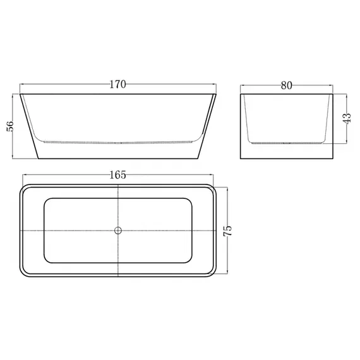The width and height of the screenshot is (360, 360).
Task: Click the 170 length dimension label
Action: pos(117,85)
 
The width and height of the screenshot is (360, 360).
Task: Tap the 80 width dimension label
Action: pos(287,85)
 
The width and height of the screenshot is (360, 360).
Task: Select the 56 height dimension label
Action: pos(10,126)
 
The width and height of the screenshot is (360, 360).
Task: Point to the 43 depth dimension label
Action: pos(347,119)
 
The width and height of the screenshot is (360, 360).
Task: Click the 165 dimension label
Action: pos(117,175)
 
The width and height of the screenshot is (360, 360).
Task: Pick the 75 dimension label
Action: pos(227,231)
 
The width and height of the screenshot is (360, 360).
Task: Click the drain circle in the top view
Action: pos(117,231)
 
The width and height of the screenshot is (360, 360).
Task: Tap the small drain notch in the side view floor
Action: pos(117,143)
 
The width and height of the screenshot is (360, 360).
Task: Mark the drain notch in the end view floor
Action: pos(287,143)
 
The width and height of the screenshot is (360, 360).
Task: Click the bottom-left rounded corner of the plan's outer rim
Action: pos(22,274)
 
